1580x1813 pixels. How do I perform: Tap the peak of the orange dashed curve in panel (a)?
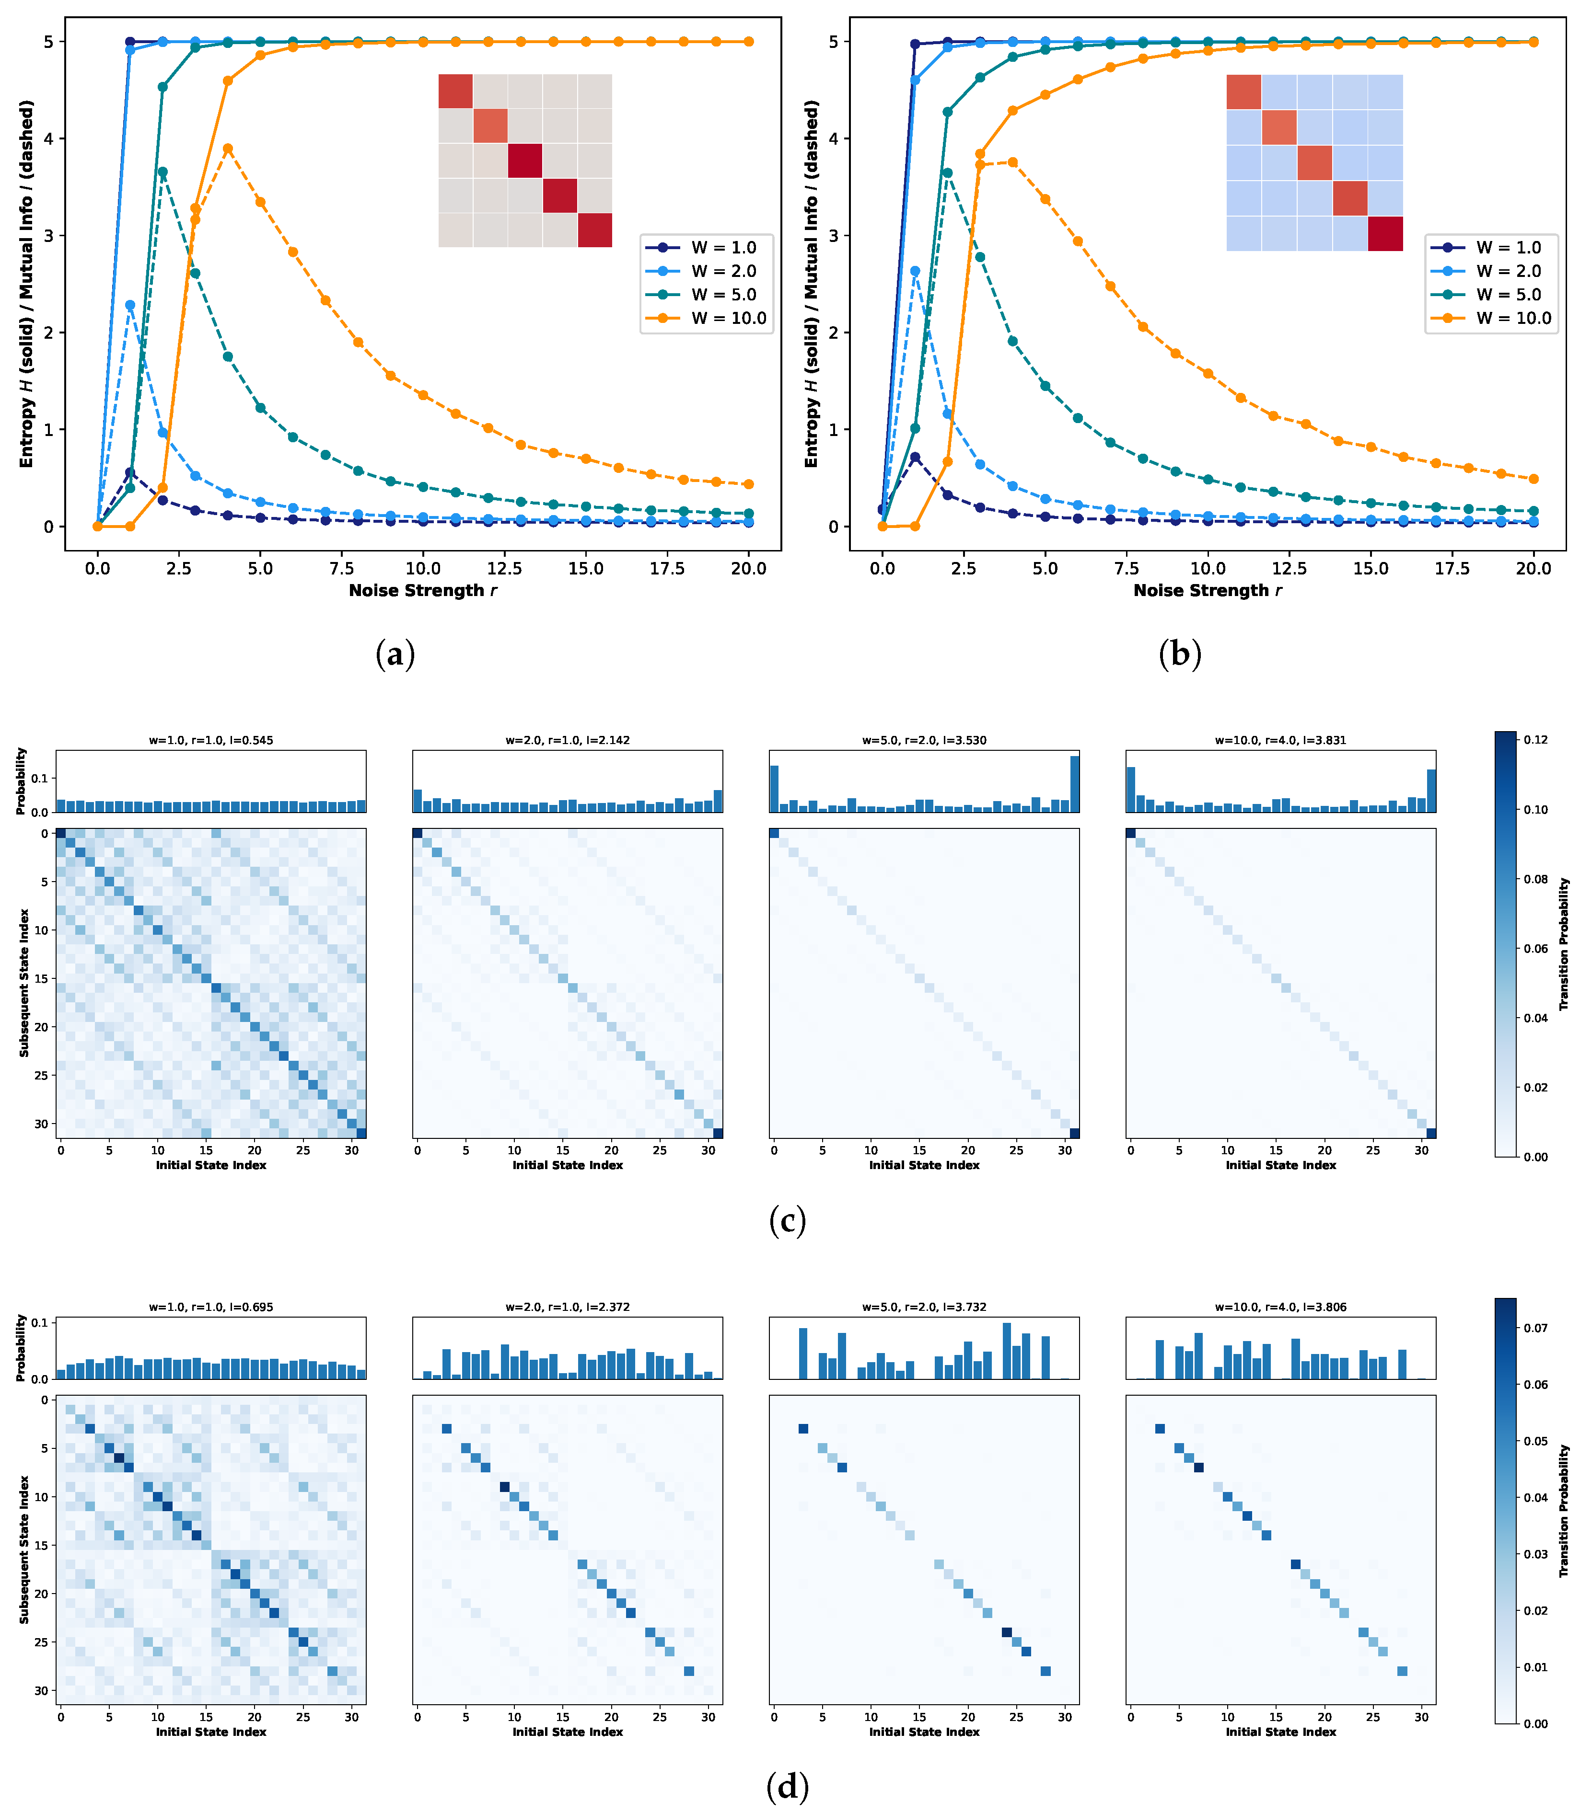pos(228,149)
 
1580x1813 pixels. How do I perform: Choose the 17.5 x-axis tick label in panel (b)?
pos(1452,569)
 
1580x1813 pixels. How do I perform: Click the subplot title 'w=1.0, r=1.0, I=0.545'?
pos(211,740)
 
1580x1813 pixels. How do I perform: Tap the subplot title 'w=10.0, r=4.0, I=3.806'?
pos(1280,1307)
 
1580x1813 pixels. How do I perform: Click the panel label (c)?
pos(787,1221)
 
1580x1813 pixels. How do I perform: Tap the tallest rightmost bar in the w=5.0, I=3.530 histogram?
pos(1074,783)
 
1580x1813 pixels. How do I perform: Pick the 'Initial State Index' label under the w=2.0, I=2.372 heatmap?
pos(568,1732)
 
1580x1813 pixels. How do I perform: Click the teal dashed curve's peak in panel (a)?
pos(162,173)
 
